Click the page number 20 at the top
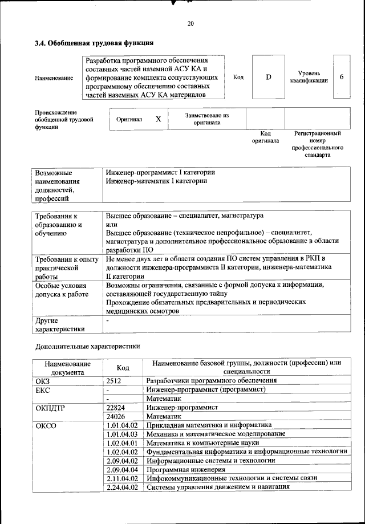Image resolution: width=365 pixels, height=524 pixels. [190, 23]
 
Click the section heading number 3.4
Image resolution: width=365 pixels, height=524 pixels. [40, 43]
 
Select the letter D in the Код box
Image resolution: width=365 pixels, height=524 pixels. [268, 77]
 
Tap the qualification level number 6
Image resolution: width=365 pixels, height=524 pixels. [341, 77]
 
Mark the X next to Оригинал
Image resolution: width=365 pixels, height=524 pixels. [159, 119]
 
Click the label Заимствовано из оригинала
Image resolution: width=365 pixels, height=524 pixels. [207, 119]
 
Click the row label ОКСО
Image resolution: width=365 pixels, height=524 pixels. [46, 426]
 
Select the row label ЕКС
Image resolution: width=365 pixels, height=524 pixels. [43, 389]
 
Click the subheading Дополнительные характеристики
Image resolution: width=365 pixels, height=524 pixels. [88, 346]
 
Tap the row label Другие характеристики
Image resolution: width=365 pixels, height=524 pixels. [60, 324]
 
